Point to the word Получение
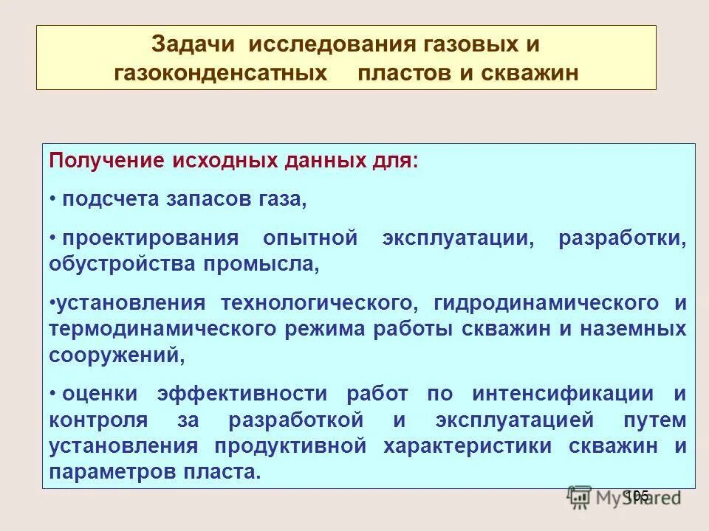(x=105, y=162)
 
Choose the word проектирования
(x=150, y=239)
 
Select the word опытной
(x=310, y=239)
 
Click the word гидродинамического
(x=547, y=303)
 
